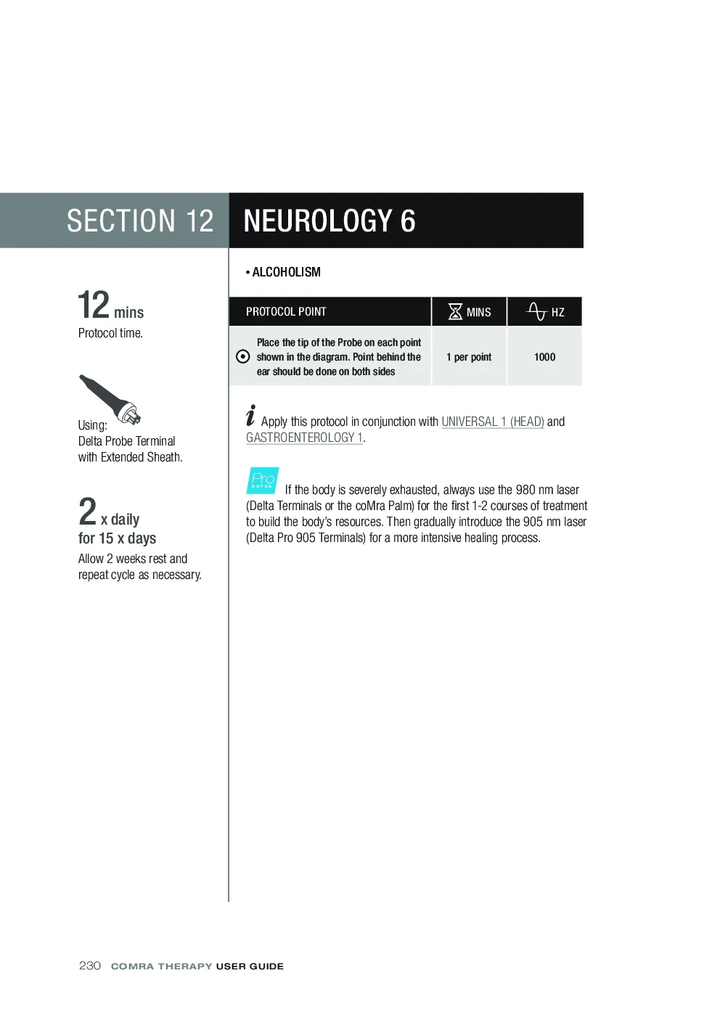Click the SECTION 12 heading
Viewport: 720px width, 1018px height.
[x=140, y=221]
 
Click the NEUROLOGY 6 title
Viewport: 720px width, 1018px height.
[x=329, y=221]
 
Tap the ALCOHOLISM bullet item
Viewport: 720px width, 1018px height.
[x=283, y=272]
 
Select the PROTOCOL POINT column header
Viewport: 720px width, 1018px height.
[x=286, y=312]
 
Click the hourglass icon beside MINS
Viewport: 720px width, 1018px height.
[x=455, y=312]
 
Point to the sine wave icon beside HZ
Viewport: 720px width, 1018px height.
[x=537, y=311]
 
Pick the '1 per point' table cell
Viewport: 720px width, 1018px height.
[x=469, y=357]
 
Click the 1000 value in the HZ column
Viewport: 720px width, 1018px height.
[x=544, y=357]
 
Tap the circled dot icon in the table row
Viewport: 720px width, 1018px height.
[x=243, y=357]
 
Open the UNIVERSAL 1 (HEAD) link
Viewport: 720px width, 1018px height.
[x=493, y=422]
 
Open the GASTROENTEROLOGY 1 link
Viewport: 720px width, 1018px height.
[x=304, y=438]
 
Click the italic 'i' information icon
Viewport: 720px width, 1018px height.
[x=250, y=415]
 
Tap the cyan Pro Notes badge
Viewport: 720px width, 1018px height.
[x=262, y=480]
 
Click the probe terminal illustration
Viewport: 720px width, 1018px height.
[x=110, y=400]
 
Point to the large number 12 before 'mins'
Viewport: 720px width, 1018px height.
[x=94, y=305]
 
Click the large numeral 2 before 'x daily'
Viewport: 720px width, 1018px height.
[x=87, y=511]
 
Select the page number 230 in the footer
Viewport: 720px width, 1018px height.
[x=89, y=966]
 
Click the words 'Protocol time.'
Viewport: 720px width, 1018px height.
[x=110, y=333]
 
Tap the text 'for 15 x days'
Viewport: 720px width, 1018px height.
[x=118, y=538]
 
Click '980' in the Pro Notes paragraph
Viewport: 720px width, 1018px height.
[x=525, y=490]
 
